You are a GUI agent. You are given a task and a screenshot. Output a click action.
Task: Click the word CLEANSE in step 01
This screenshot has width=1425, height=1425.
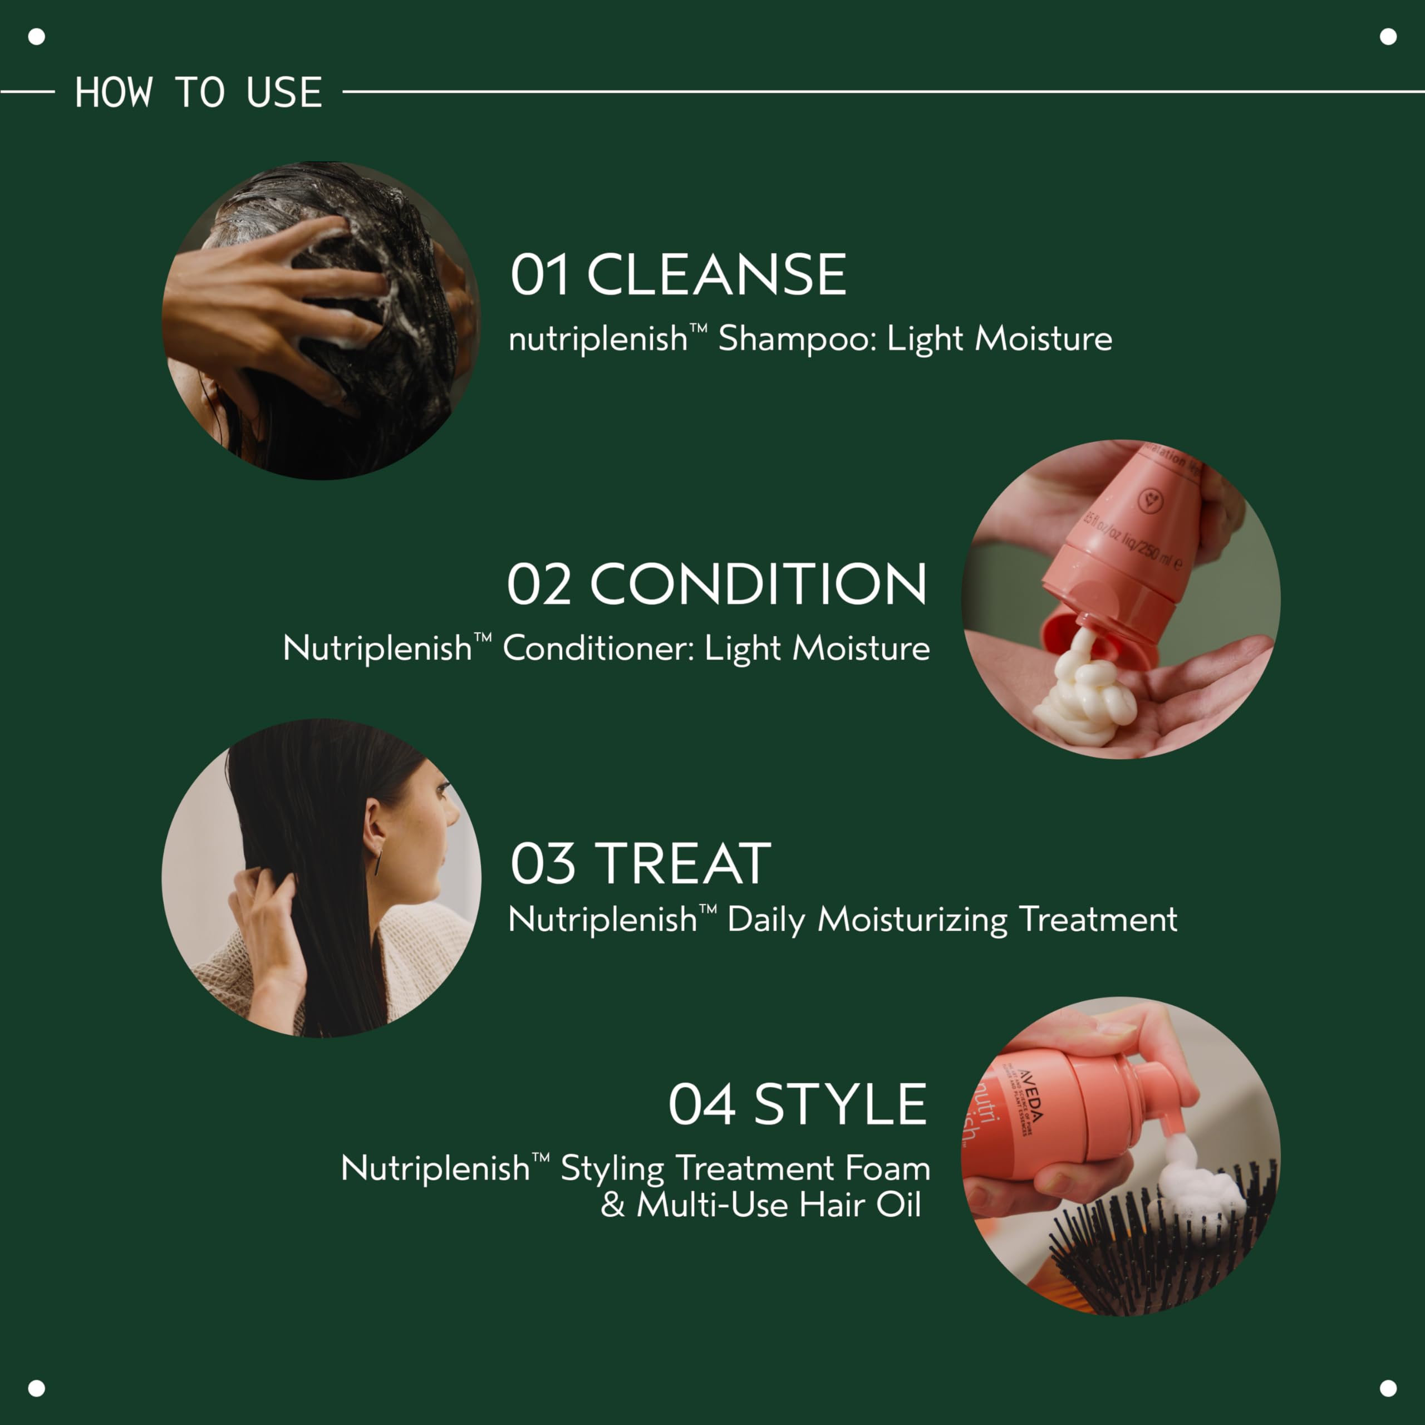pyautogui.click(x=716, y=275)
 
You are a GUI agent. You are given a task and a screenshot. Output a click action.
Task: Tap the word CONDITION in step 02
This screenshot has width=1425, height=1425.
pyautogui.click(x=758, y=584)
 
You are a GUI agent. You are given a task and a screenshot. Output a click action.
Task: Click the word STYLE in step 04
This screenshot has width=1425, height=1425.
pyautogui.click(x=839, y=1105)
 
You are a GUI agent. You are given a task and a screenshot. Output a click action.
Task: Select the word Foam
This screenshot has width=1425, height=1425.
pyautogui.click(x=887, y=1168)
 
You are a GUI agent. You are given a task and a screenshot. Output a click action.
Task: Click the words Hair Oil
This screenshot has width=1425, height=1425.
pyautogui.click(x=860, y=1205)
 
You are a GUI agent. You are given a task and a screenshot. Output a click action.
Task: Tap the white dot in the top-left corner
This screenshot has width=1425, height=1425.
pyautogui.click(x=36, y=36)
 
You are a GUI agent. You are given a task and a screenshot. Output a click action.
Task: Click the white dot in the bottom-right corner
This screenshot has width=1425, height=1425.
pyautogui.click(x=1388, y=1388)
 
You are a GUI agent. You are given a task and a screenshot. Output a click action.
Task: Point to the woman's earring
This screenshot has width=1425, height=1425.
pyautogui.click(x=377, y=862)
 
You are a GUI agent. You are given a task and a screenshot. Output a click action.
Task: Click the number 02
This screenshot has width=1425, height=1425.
pyautogui.click(x=539, y=584)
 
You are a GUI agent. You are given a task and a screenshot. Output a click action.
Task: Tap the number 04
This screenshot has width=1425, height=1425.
pyautogui.click(x=701, y=1105)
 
